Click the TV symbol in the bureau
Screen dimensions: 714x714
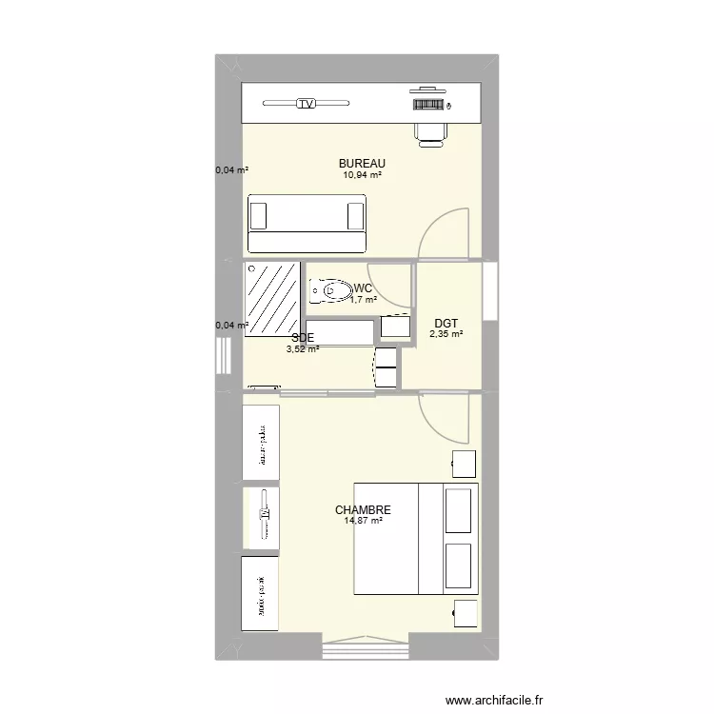(x=306, y=104)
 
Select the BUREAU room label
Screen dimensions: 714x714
(x=362, y=164)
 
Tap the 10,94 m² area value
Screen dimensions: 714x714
(x=363, y=175)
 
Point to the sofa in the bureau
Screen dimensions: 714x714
(x=307, y=214)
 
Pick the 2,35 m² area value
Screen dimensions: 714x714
(x=446, y=334)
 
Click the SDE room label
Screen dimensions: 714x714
(x=302, y=337)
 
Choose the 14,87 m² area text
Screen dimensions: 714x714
(x=363, y=521)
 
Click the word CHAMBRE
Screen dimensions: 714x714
(x=363, y=510)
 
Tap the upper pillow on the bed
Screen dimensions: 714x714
(x=459, y=512)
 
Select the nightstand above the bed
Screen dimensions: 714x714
(x=463, y=464)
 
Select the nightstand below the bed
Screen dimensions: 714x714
(x=465, y=615)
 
